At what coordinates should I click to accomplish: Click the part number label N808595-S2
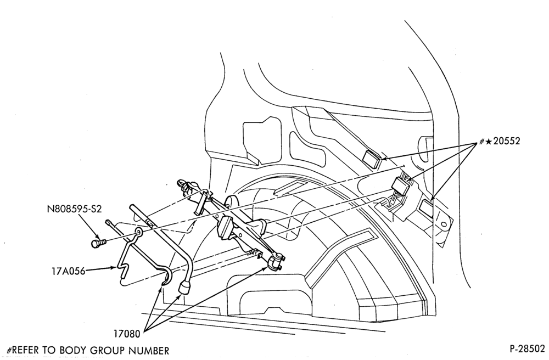[x=74, y=209]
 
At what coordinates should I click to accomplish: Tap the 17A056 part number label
[x=68, y=271]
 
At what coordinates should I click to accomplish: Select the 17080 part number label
[x=126, y=334]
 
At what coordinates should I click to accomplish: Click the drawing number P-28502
[x=527, y=349]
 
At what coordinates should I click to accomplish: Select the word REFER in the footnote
[x=26, y=350]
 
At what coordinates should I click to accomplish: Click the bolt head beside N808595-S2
[x=96, y=243]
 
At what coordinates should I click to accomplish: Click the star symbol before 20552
[x=489, y=142]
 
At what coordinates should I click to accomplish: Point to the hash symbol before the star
[x=482, y=142]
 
